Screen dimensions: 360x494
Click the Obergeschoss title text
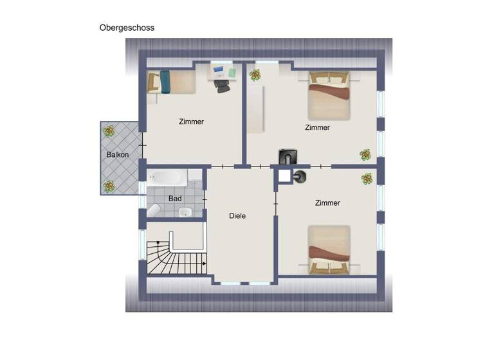127,28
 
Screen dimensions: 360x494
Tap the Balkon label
118,155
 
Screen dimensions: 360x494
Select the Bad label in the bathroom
174,199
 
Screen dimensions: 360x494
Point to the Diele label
237,216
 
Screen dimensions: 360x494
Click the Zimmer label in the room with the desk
191,122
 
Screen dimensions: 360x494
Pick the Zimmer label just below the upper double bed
317,127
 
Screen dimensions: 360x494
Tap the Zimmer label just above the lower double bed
327,203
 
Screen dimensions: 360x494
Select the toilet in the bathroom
154,210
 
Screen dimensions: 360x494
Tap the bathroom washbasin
185,213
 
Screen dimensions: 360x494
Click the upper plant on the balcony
109,132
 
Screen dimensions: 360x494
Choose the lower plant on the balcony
109,186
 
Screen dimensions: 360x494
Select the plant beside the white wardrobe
255,75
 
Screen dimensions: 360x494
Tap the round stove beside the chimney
300,175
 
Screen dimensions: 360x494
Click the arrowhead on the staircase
204,264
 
